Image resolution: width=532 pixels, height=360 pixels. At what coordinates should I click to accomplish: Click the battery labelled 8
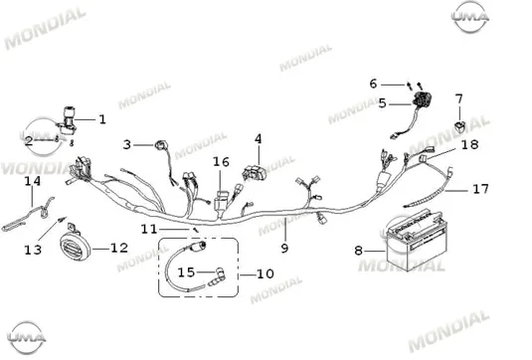coord(416,241)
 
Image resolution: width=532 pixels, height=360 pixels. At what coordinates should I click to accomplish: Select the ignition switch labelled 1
coord(68,121)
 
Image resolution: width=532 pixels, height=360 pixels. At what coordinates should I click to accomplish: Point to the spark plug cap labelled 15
coord(217,275)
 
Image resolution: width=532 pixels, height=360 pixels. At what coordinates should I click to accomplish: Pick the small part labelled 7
coord(460,125)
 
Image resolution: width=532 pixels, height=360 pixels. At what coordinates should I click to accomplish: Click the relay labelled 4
coord(255,172)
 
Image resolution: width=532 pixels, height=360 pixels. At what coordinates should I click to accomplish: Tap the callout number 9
coord(284,249)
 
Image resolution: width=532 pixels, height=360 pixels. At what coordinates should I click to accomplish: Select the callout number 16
coord(221,162)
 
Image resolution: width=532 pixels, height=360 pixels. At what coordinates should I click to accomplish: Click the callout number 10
coord(265,273)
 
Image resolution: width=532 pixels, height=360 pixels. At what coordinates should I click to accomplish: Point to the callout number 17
coord(480,189)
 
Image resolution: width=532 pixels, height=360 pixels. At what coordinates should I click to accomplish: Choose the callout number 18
coord(470,145)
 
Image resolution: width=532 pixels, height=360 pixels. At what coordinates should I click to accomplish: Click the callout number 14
coord(33,181)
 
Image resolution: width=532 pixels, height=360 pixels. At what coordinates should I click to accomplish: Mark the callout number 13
coord(33,251)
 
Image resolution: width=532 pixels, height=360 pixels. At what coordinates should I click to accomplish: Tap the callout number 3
coord(126,145)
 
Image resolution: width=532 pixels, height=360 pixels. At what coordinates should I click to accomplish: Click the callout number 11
coord(149,230)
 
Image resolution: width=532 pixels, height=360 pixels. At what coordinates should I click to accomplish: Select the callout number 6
coord(373,84)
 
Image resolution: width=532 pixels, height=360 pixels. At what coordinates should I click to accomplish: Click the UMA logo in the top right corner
coord(470,17)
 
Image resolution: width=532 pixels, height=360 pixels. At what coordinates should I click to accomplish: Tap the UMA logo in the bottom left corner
coord(27,338)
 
